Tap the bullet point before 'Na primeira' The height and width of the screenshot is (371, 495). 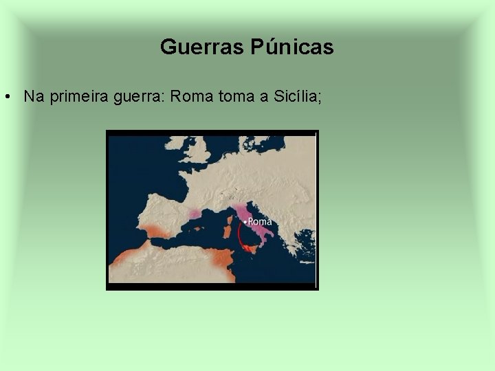(6, 97)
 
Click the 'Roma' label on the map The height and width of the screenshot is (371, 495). (260, 221)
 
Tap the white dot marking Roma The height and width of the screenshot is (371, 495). (245, 222)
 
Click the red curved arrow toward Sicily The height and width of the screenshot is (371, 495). (240, 237)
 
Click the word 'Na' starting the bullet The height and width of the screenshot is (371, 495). (31, 97)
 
